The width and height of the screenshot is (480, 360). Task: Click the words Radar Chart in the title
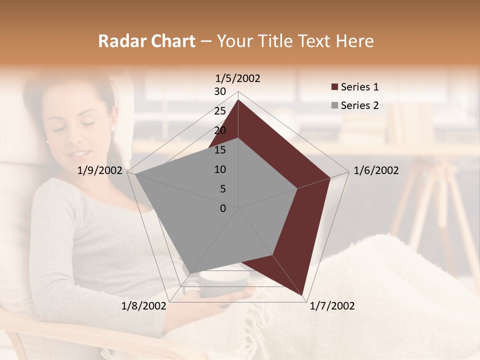(x=146, y=41)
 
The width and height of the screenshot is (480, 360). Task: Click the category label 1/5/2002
(x=238, y=78)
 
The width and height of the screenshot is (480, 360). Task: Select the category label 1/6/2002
(x=376, y=170)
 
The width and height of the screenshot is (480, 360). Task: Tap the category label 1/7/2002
(x=332, y=306)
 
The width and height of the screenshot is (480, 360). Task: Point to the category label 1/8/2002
(x=144, y=306)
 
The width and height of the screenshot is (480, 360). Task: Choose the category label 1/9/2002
(x=100, y=170)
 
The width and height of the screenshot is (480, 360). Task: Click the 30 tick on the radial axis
(x=220, y=91)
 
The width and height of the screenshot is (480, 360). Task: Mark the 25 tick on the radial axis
(x=220, y=111)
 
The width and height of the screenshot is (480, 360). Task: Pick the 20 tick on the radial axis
(x=220, y=130)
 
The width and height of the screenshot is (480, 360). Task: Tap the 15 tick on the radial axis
(x=220, y=150)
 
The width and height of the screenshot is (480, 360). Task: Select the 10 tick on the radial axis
(x=220, y=169)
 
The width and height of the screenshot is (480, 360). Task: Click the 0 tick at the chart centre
(x=223, y=208)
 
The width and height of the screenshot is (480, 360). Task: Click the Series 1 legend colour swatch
(x=334, y=87)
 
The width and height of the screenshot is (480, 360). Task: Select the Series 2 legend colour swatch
(x=334, y=105)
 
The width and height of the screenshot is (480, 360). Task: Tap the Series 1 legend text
(x=359, y=87)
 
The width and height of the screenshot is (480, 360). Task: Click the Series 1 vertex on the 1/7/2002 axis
(x=302, y=295)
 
